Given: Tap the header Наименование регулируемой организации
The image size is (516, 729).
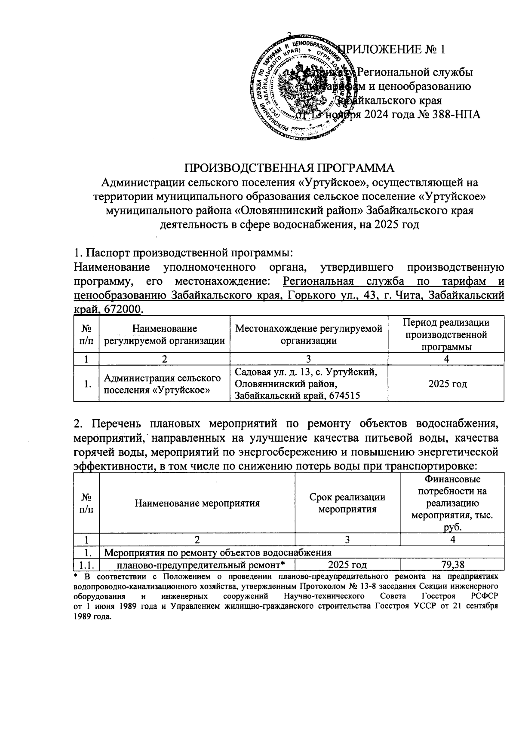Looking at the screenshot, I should click(164, 335).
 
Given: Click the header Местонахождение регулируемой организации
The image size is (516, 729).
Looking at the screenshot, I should click(309, 335).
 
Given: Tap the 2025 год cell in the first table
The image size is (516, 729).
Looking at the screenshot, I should click(447, 384).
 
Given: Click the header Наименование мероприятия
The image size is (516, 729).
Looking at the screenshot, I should click(197, 503).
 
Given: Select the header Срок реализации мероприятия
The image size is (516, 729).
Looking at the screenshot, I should click(347, 503).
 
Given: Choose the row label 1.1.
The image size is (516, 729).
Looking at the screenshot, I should click(86, 564).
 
